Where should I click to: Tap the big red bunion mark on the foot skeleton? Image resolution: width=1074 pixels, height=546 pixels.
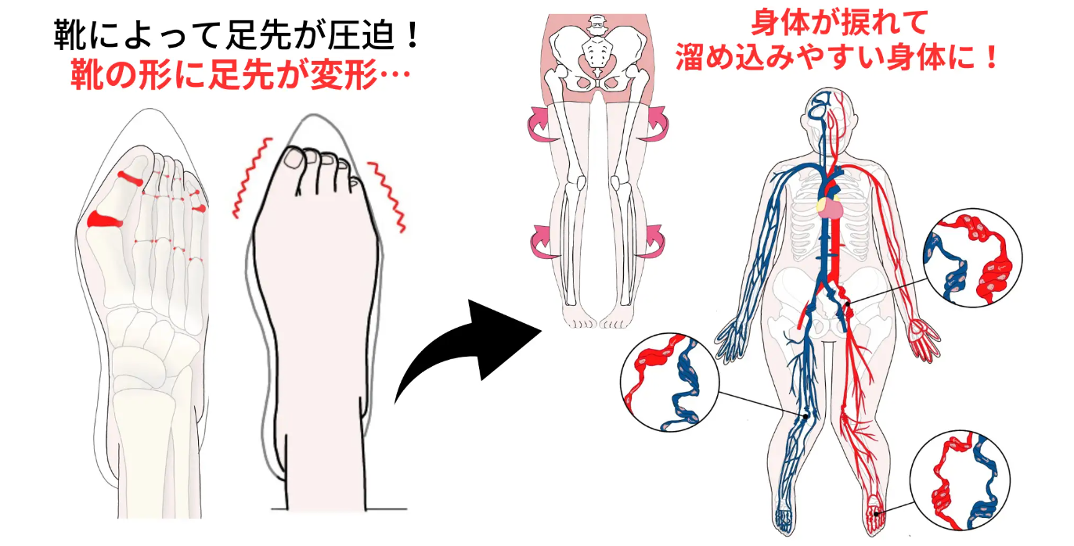[102, 220]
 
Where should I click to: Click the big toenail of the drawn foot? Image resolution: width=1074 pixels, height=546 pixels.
[294, 160]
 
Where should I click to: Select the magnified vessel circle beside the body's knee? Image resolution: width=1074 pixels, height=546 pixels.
[669, 383]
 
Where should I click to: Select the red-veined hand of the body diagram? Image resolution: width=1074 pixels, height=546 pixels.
[924, 338]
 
